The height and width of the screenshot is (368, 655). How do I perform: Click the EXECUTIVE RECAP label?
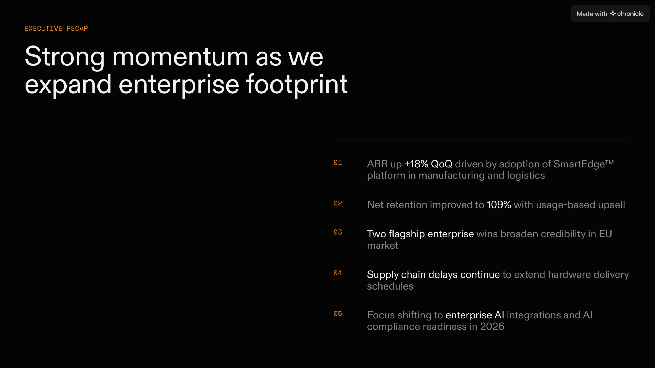click(56, 28)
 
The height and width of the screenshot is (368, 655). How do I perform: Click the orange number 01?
click(337, 163)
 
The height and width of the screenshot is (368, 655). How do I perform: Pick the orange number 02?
click(337, 203)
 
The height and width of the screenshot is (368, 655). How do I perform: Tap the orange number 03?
click(337, 232)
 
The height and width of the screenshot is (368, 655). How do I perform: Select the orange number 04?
click(337, 273)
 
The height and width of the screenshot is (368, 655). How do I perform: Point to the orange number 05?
click(337, 314)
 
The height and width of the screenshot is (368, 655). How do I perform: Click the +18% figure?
click(416, 164)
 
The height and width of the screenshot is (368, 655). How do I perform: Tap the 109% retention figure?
click(499, 205)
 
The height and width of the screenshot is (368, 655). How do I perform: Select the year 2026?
click(492, 327)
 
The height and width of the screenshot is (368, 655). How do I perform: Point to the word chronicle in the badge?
click(630, 14)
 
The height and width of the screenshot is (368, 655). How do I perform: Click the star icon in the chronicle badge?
click(613, 14)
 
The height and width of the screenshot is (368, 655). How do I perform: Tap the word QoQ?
click(442, 164)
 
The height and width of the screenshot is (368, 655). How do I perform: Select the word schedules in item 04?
click(390, 286)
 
